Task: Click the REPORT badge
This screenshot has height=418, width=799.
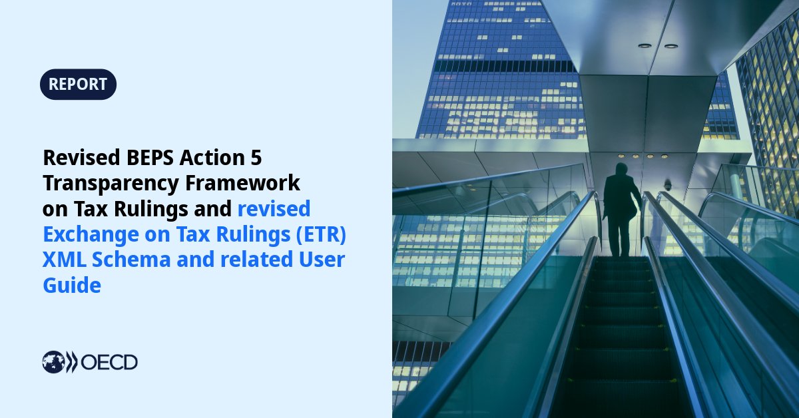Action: click(x=78, y=85)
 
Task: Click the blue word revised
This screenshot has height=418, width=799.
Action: click(x=274, y=208)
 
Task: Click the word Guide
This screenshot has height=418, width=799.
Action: click(x=72, y=286)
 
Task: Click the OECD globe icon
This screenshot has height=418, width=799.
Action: click(x=54, y=362)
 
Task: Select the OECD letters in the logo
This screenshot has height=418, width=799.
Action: click(x=109, y=362)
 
